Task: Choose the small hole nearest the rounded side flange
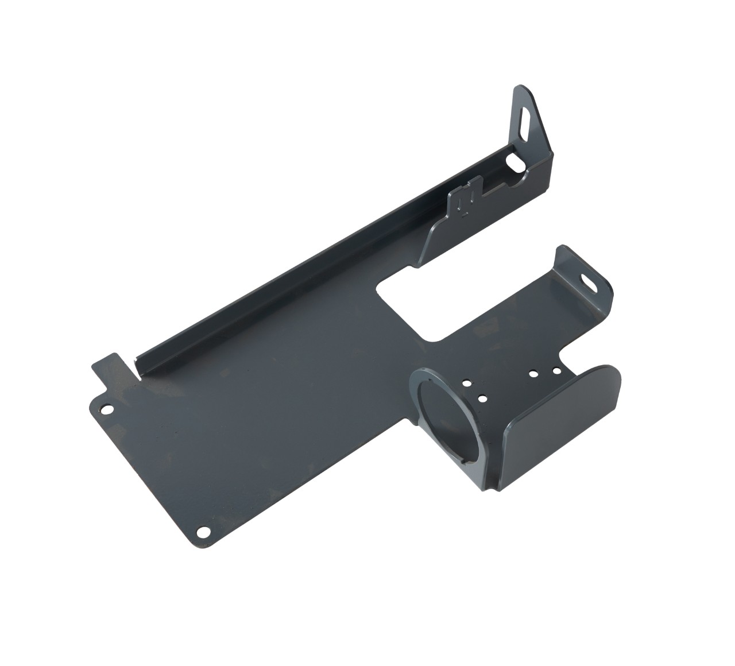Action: click(556, 370)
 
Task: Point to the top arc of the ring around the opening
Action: click(436, 373)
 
